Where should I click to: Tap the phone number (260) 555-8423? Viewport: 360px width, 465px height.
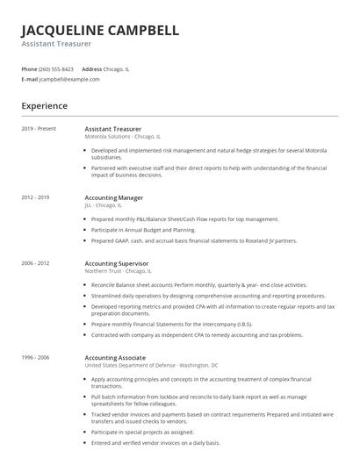[57, 68]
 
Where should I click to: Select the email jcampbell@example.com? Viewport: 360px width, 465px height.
[69, 79]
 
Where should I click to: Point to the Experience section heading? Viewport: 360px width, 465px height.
[44, 105]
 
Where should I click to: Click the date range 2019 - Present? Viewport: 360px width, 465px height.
[39, 129]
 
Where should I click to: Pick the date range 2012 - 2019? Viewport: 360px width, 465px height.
[35, 197]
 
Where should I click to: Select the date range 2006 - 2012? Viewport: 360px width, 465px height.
[35, 262]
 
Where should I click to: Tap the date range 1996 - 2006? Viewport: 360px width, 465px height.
[35, 357]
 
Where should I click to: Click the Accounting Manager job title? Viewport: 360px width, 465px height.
[115, 197]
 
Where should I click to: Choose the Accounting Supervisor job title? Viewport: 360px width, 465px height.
[117, 262]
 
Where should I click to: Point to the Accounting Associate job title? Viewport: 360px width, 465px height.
[116, 357]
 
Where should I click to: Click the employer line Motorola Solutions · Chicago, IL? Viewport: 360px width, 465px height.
[122, 137]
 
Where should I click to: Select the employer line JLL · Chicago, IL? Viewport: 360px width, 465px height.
[104, 205]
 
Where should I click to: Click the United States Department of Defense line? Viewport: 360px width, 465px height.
[151, 365]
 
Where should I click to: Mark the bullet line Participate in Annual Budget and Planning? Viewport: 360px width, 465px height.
[143, 229]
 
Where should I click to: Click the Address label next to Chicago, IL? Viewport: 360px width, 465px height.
[91, 68]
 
